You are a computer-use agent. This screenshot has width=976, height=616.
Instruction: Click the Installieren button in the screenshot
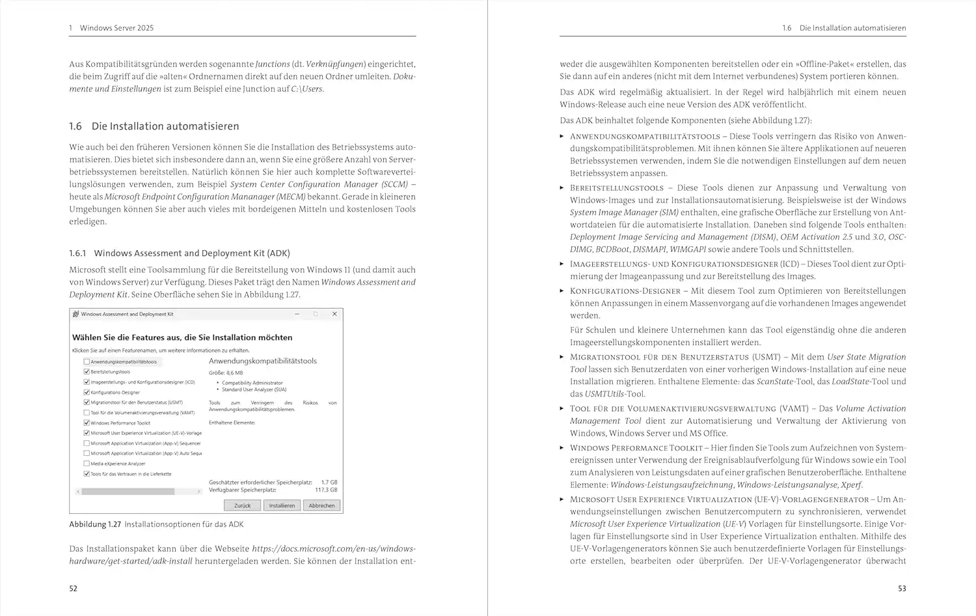click(282, 505)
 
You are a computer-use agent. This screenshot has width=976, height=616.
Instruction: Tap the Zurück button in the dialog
click(242, 505)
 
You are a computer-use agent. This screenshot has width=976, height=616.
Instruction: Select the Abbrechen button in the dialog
click(321, 505)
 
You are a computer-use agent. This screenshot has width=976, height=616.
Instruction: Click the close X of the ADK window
click(334, 314)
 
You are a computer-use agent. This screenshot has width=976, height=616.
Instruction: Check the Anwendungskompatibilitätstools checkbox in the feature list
click(87, 361)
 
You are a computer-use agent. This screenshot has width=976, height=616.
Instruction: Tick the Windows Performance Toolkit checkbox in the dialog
click(87, 423)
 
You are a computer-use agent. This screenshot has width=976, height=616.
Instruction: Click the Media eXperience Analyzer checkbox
click(87, 464)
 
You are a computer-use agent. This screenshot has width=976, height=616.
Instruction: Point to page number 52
click(74, 589)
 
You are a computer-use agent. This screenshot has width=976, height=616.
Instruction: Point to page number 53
click(902, 589)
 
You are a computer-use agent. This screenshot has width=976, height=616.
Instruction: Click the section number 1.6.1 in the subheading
click(77, 253)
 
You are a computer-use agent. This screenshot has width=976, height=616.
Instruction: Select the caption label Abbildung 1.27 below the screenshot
click(95, 524)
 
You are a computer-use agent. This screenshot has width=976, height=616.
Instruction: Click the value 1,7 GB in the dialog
click(329, 483)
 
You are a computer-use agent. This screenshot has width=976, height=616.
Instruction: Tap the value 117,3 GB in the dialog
click(326, 490)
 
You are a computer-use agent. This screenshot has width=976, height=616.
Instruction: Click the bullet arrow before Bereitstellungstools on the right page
click(562, 188)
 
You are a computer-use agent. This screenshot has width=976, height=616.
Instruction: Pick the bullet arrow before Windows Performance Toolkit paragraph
click(562, 448)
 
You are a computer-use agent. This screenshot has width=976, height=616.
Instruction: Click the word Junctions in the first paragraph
click(273, 64)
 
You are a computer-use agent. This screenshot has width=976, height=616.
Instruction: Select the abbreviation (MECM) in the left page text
click(291, 197)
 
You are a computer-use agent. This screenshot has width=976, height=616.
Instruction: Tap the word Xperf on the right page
click(851, 484)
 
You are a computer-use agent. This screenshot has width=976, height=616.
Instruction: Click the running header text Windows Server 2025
click(116, 28)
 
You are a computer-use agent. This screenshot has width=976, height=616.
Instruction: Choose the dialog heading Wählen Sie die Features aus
click(182, 337)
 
